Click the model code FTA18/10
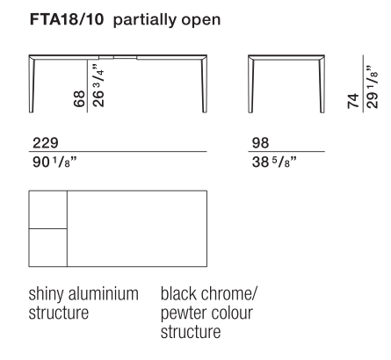[x=67, y=19]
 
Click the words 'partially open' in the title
[x=167, y=20]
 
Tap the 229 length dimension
[x=46, y=143]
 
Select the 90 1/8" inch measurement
[x=54, y=162]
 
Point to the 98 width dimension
[x=260, y=143]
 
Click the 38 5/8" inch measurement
[x=274, y=162]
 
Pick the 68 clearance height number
[x=79, y=98]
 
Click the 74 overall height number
[x=353, y=101]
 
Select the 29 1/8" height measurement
[x=373, y=87]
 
